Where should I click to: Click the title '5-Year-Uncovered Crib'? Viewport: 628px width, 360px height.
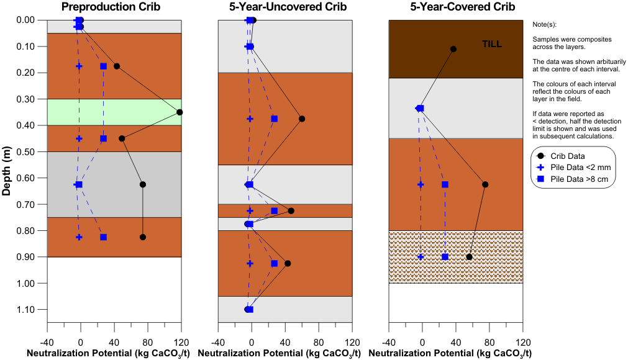click(286, 7)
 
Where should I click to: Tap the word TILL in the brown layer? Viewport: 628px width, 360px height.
click(492, 44)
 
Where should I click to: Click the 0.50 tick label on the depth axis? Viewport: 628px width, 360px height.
click(26, 152)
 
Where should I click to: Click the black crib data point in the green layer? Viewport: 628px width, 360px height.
click(180, 112)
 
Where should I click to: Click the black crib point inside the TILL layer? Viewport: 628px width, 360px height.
click(453, 49)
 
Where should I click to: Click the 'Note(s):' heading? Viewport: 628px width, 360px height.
click(545, 24)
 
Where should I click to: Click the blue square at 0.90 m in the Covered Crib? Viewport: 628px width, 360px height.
click(445, 257)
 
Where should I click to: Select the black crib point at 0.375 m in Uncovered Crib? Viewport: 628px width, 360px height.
click(302, 119)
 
